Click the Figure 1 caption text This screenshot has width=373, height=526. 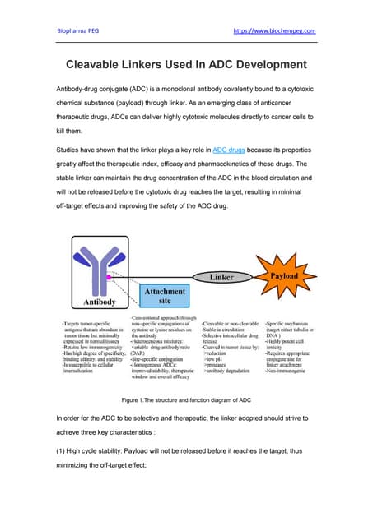pyautogui.click(x=186, y=399)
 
